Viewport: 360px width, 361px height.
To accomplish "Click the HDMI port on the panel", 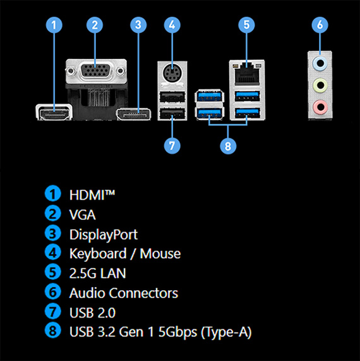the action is [54, 113].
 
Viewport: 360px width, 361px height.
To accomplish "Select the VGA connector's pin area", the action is [95, 70].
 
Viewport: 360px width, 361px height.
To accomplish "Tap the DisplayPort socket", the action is [134, 114].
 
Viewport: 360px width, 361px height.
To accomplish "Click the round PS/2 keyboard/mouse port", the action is [172, 74].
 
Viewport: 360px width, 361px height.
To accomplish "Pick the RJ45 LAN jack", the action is [247, 74].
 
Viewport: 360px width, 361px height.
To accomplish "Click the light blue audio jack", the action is [320, 63].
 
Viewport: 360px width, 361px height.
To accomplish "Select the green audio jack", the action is [320, 85].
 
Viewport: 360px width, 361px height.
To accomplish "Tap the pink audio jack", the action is [320, 107].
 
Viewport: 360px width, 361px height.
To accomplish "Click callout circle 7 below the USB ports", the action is [172, 146].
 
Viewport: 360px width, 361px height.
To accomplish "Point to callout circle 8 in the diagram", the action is [228, 146].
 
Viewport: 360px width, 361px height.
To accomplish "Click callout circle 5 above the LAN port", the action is [246, 25].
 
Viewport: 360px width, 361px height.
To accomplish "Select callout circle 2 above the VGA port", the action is [95, 25].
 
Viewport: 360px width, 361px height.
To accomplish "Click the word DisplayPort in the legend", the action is [104, 235].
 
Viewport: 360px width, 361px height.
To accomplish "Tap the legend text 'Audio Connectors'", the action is [124, 293].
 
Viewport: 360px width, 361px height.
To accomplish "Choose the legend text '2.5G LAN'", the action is [98, 273].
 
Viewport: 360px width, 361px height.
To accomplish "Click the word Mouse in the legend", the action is [160, 254].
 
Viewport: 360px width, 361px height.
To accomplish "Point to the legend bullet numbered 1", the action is [53, 193].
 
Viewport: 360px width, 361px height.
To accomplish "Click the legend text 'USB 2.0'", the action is [92, 313].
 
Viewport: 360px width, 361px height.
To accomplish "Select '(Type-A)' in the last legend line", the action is [226, 332].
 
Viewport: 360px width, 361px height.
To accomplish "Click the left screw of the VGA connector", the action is [71, 71].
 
